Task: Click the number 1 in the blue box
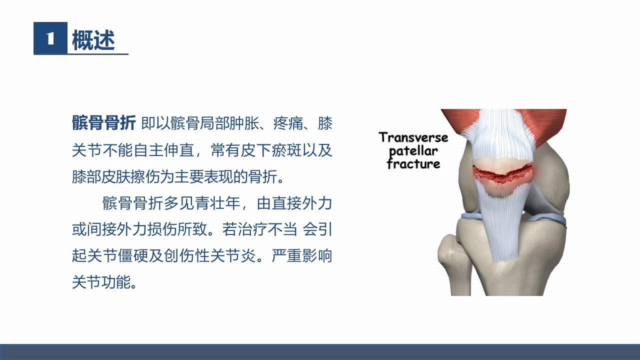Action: pos(50,38)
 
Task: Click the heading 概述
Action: pos(93,40)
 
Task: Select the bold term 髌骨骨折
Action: pos(103,123)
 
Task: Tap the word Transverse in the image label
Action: pos(413,137)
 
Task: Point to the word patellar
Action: pos(413,151)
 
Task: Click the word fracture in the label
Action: pos(413,164)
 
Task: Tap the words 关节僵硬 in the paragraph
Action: pos(121,256)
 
